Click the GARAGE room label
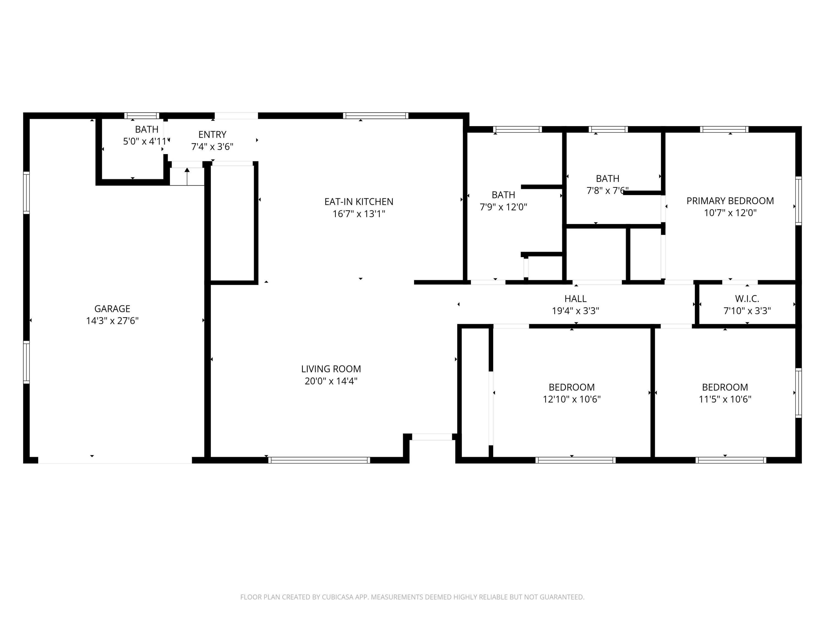112,308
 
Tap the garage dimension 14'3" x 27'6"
112,321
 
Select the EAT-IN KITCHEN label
359,202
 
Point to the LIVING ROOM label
331,369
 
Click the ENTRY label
212,135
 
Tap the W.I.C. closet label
747,298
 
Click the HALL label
576,298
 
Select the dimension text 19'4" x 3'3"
576,311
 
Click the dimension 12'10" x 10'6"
572,399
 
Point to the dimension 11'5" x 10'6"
725,399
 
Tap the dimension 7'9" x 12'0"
504,207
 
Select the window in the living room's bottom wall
319,460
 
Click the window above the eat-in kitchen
376,115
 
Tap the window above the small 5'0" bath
142,115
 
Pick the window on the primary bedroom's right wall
799,201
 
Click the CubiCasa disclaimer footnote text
412,597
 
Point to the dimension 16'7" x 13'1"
359,214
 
